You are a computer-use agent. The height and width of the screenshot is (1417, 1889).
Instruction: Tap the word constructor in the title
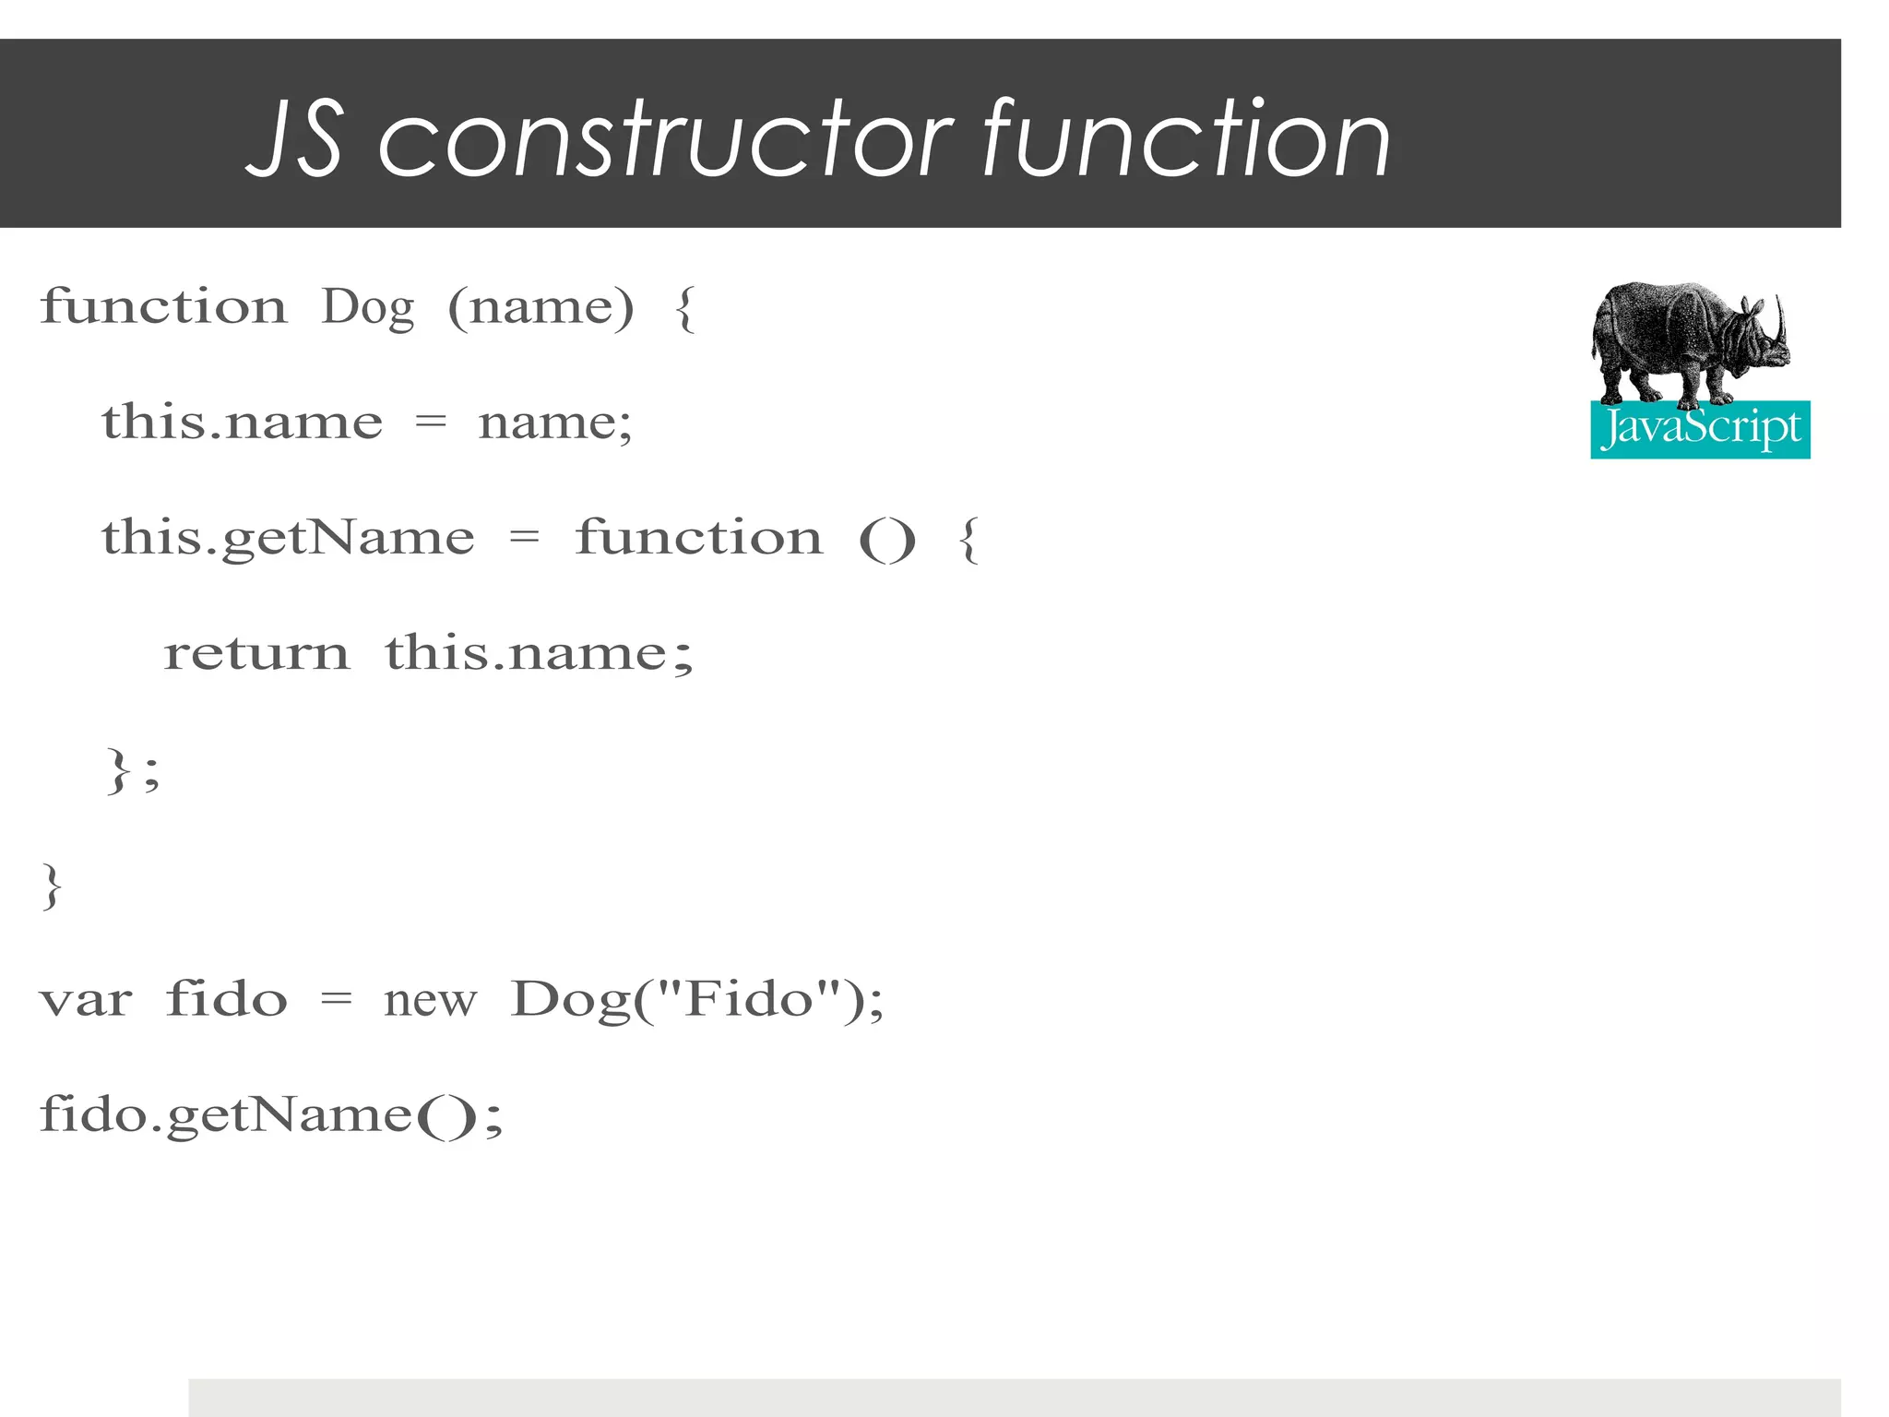[x=664, y=140]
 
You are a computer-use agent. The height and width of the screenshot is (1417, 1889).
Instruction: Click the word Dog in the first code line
[x=367, y=308]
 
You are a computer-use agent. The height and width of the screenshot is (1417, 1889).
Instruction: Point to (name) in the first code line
[x=541, y=308]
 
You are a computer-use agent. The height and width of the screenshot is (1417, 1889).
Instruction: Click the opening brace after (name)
[x=684, y=308]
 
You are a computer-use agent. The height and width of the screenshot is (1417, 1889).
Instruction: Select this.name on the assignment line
[x=242, y=423]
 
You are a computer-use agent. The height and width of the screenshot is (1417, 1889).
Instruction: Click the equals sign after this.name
[x=431, y=424]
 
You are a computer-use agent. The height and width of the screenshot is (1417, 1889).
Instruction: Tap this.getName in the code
[x=288, y=539]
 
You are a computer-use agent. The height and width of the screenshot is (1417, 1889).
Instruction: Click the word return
[x=256, y=653]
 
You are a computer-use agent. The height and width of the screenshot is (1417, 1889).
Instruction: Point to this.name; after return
[x=539, y=653]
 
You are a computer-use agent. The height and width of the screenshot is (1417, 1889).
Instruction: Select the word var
[x=86, y=1001]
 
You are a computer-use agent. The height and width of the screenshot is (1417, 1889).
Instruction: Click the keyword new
[x=430, y=1001]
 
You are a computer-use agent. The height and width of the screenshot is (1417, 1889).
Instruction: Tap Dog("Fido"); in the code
[x=697, y=1001]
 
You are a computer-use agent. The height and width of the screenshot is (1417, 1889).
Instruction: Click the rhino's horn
[x=1780, y=318]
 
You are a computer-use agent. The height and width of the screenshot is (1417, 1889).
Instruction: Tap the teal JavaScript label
[x=1700, y=430]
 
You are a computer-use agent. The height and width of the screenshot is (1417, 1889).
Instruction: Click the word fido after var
[x=227, y=999]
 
